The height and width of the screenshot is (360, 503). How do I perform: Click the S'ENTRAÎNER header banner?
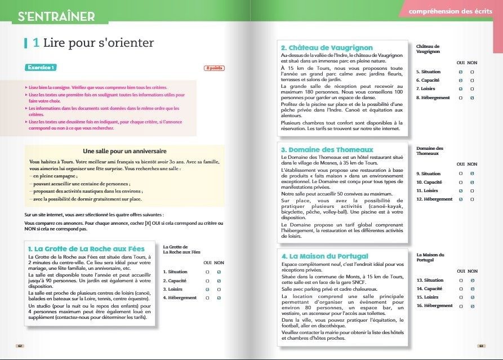(56, 16)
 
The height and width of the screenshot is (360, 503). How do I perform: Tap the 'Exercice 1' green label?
(41, 68)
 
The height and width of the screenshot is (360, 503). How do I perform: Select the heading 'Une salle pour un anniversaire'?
(124, 151)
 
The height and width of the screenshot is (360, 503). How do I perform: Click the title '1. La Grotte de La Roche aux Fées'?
(86, 248)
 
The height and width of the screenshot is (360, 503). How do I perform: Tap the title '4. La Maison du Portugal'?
(325, 256)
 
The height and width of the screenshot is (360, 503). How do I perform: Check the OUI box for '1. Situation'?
(207, 272)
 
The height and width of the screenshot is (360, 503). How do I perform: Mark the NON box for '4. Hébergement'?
(218, 297)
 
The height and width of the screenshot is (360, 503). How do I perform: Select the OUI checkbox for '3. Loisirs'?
(207, 289)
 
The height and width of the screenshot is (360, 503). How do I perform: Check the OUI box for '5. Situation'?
(460, 72)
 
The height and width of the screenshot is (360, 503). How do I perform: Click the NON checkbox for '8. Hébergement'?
(471, 98)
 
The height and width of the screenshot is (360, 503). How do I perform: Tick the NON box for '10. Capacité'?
(471, 182)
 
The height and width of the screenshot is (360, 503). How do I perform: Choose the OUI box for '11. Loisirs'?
(460, 191)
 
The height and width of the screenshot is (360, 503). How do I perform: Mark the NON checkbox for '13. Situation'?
(471, 280)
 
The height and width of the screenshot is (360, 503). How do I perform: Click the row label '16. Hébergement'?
(434, 305)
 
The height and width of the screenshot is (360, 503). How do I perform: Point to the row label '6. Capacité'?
(428, 81)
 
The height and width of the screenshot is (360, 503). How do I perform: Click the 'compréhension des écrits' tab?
(442, 11)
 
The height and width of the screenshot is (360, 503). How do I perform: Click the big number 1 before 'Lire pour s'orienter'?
(35, 43)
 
